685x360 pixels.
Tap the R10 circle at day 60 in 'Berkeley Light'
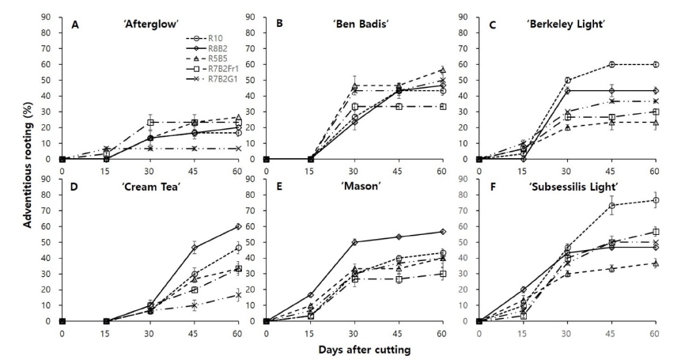(654, 65)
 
